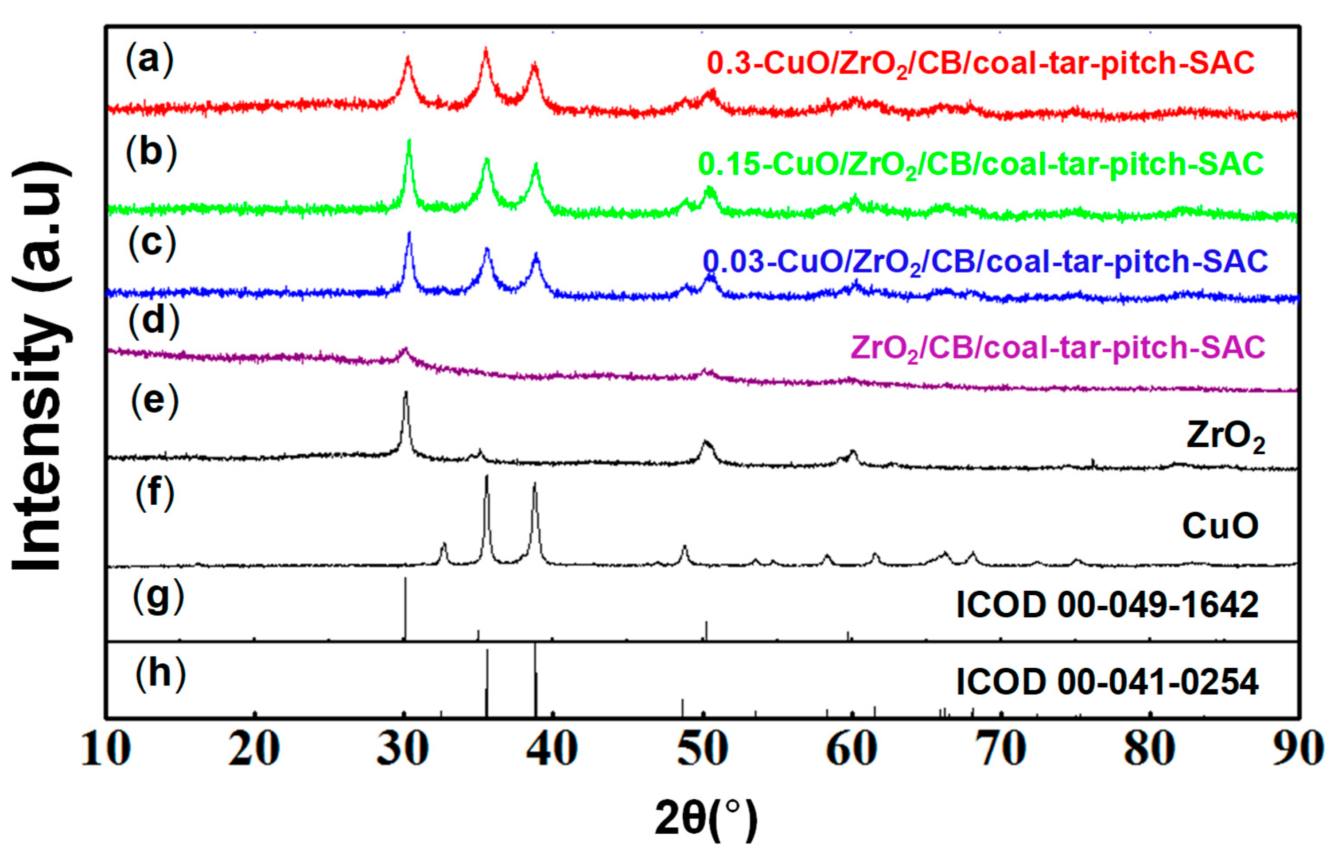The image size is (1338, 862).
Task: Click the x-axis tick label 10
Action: [106, 749]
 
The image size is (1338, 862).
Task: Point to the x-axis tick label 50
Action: [702, 749]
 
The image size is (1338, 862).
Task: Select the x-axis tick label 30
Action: [404, 749]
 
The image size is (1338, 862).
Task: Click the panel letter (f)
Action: [155, 492]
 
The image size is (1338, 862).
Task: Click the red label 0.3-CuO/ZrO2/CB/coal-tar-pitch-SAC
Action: [980, 64]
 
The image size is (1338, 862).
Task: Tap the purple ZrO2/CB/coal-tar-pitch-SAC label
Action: [1058, 348]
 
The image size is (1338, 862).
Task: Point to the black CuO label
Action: [1220, 526]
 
